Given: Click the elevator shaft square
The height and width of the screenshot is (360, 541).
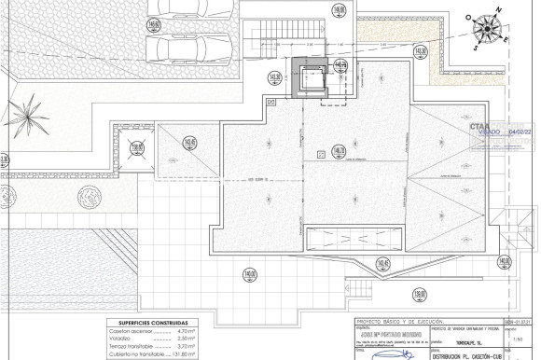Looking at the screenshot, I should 310,76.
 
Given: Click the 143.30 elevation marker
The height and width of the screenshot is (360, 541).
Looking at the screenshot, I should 422,51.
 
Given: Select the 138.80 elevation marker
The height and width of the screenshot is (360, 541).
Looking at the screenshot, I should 139,146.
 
